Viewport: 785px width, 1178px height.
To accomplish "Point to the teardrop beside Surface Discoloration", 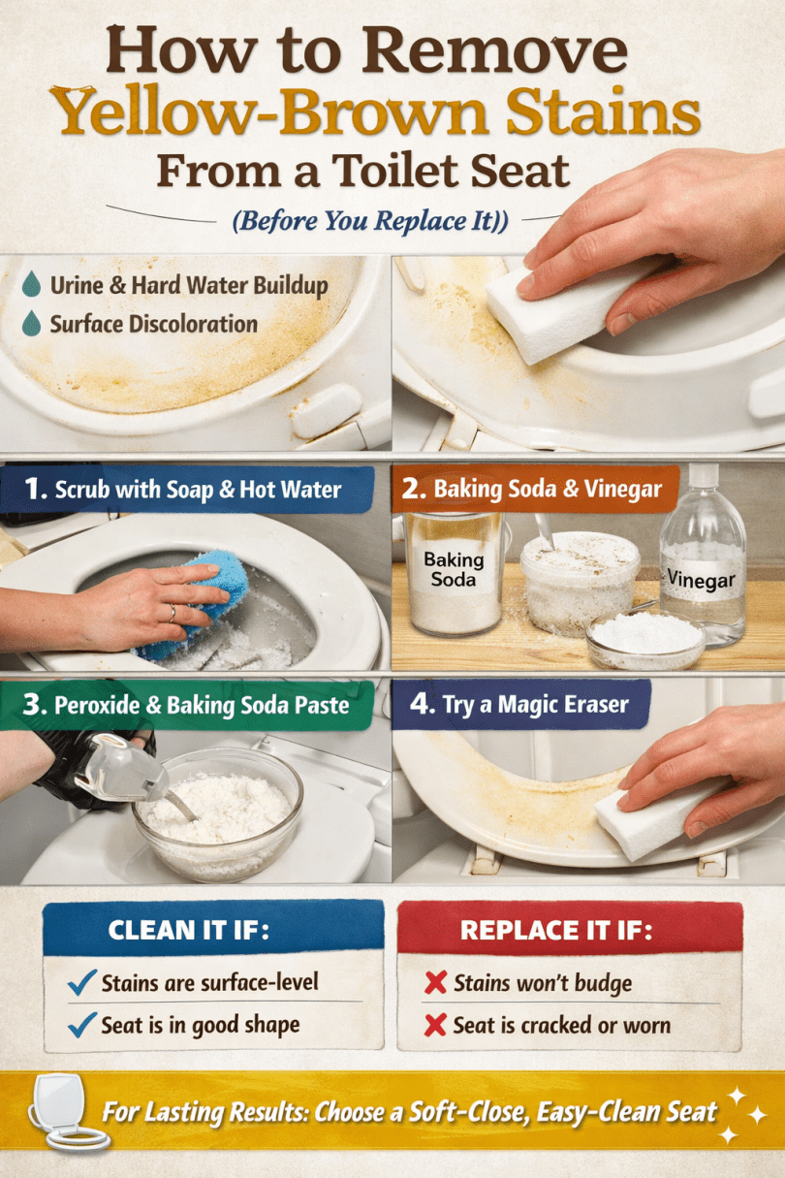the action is (32, 323).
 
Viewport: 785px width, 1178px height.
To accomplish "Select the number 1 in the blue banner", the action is (34, 489).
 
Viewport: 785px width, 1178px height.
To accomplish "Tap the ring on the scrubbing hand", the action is (172, 613).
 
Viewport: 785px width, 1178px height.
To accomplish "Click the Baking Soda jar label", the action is (454, 569).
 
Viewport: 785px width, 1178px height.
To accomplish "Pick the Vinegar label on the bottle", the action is (702, 580).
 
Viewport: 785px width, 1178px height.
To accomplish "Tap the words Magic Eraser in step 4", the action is (563, 705).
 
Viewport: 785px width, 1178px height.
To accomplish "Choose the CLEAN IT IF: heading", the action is (189, 931).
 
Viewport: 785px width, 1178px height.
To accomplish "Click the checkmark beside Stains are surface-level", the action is (82, 982).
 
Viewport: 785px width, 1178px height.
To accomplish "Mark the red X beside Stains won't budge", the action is (435, 982).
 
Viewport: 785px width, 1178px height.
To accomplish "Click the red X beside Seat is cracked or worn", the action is (435, 1025).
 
